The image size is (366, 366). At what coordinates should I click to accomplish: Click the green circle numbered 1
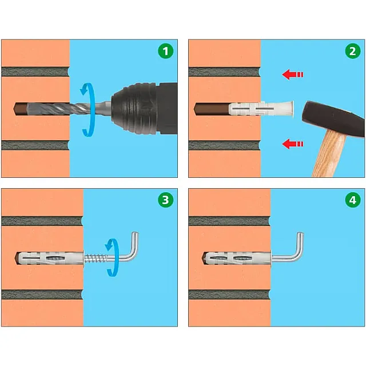click(165, 51)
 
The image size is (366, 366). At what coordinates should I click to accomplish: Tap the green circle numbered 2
click(353, 51)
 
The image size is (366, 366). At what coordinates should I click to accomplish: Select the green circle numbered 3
click(165, 200)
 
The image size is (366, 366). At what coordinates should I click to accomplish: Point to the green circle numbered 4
click(353, 200)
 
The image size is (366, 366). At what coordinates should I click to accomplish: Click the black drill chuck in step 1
click(136, 109)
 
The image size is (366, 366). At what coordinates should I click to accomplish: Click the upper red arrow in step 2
click(292, 74)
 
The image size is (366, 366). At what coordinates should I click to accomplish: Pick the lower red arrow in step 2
click(292, 144)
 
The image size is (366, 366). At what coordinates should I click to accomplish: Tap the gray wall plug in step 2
click(261, 109)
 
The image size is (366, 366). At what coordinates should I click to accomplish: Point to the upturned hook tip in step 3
click(136, 234)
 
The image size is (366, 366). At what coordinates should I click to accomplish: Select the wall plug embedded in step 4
click(237, 258)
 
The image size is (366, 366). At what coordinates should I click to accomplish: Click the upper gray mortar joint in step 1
click(35, 72)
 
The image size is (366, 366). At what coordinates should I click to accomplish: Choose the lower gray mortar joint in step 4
click(229, 295)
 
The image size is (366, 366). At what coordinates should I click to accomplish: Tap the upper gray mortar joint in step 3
click(42, 221)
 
